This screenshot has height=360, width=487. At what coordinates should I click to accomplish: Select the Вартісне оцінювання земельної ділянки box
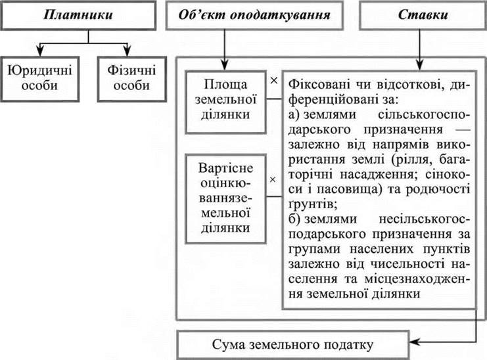226,195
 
